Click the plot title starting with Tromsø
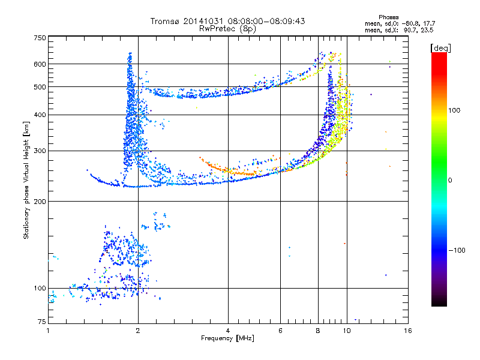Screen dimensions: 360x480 point(227,21)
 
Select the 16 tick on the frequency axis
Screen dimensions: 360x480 point(407,331)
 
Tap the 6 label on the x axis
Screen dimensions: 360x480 point(281,331)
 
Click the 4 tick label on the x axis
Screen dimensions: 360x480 point(228,331)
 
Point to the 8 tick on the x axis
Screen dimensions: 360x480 point(318,331)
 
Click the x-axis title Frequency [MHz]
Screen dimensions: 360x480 point(227,339)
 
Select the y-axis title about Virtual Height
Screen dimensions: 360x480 point(26,181)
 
